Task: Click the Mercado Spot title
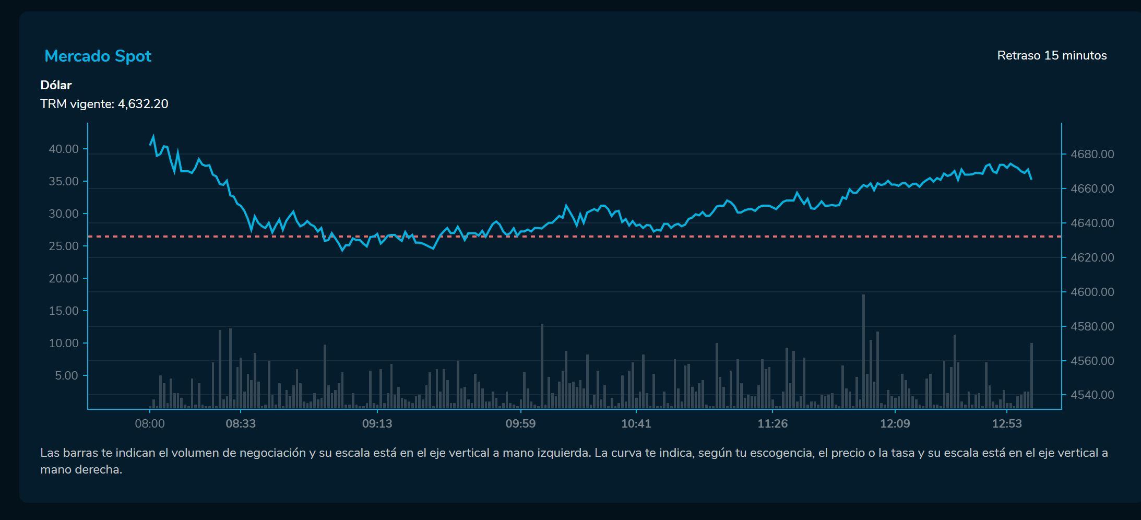[98, 56]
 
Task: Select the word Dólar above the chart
[56, 85]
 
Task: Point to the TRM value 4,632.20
[143, 104]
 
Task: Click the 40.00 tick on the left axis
[64, 149]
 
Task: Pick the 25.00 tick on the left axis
[64, 246]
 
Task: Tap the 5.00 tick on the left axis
[66, 375]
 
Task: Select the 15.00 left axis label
[64, 311]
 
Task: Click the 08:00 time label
[150, 423]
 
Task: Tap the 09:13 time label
[377, 423]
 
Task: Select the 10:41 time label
[636, 423]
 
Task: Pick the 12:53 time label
[1006, 423]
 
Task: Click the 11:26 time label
[772, 423]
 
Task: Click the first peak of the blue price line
[153, 137]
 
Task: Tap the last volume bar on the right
[1031, 376]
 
